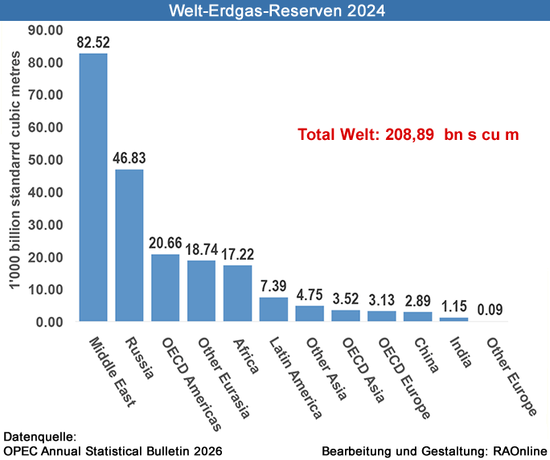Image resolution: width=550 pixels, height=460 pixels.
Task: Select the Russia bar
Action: (x=129, y=245)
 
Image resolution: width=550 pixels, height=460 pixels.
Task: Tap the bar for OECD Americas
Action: (x=165, y=288)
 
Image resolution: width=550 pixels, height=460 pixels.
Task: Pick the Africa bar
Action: (x=237, y=294)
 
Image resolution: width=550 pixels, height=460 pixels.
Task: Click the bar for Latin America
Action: (x=273, y=310)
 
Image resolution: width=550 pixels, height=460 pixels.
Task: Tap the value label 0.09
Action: (x=490, y=309)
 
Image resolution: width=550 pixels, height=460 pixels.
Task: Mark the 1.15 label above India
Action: (x=454, y=306)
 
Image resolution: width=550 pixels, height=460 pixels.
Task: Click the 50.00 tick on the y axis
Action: (x=45, y=159)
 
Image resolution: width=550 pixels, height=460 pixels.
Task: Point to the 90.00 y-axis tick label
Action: (x=45, y=30)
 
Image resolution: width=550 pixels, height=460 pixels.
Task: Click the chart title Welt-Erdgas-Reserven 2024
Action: (x=275, y=11)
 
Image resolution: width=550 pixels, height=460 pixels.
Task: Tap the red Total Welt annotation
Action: (x=408, y=135)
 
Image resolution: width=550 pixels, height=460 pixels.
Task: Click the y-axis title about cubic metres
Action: (x=14, y=177)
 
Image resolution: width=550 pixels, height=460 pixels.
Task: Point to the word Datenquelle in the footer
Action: (x=40, y=437)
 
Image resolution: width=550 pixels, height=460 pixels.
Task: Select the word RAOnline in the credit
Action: (x=519, y=451)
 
